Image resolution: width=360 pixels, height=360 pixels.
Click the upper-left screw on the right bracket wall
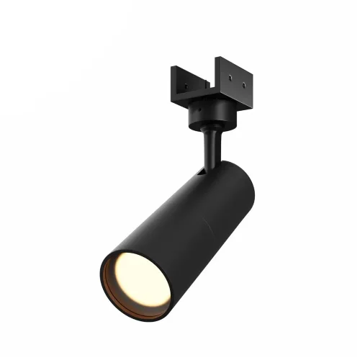[229, 75]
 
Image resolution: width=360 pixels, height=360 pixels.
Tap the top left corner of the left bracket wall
[171, 68]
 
